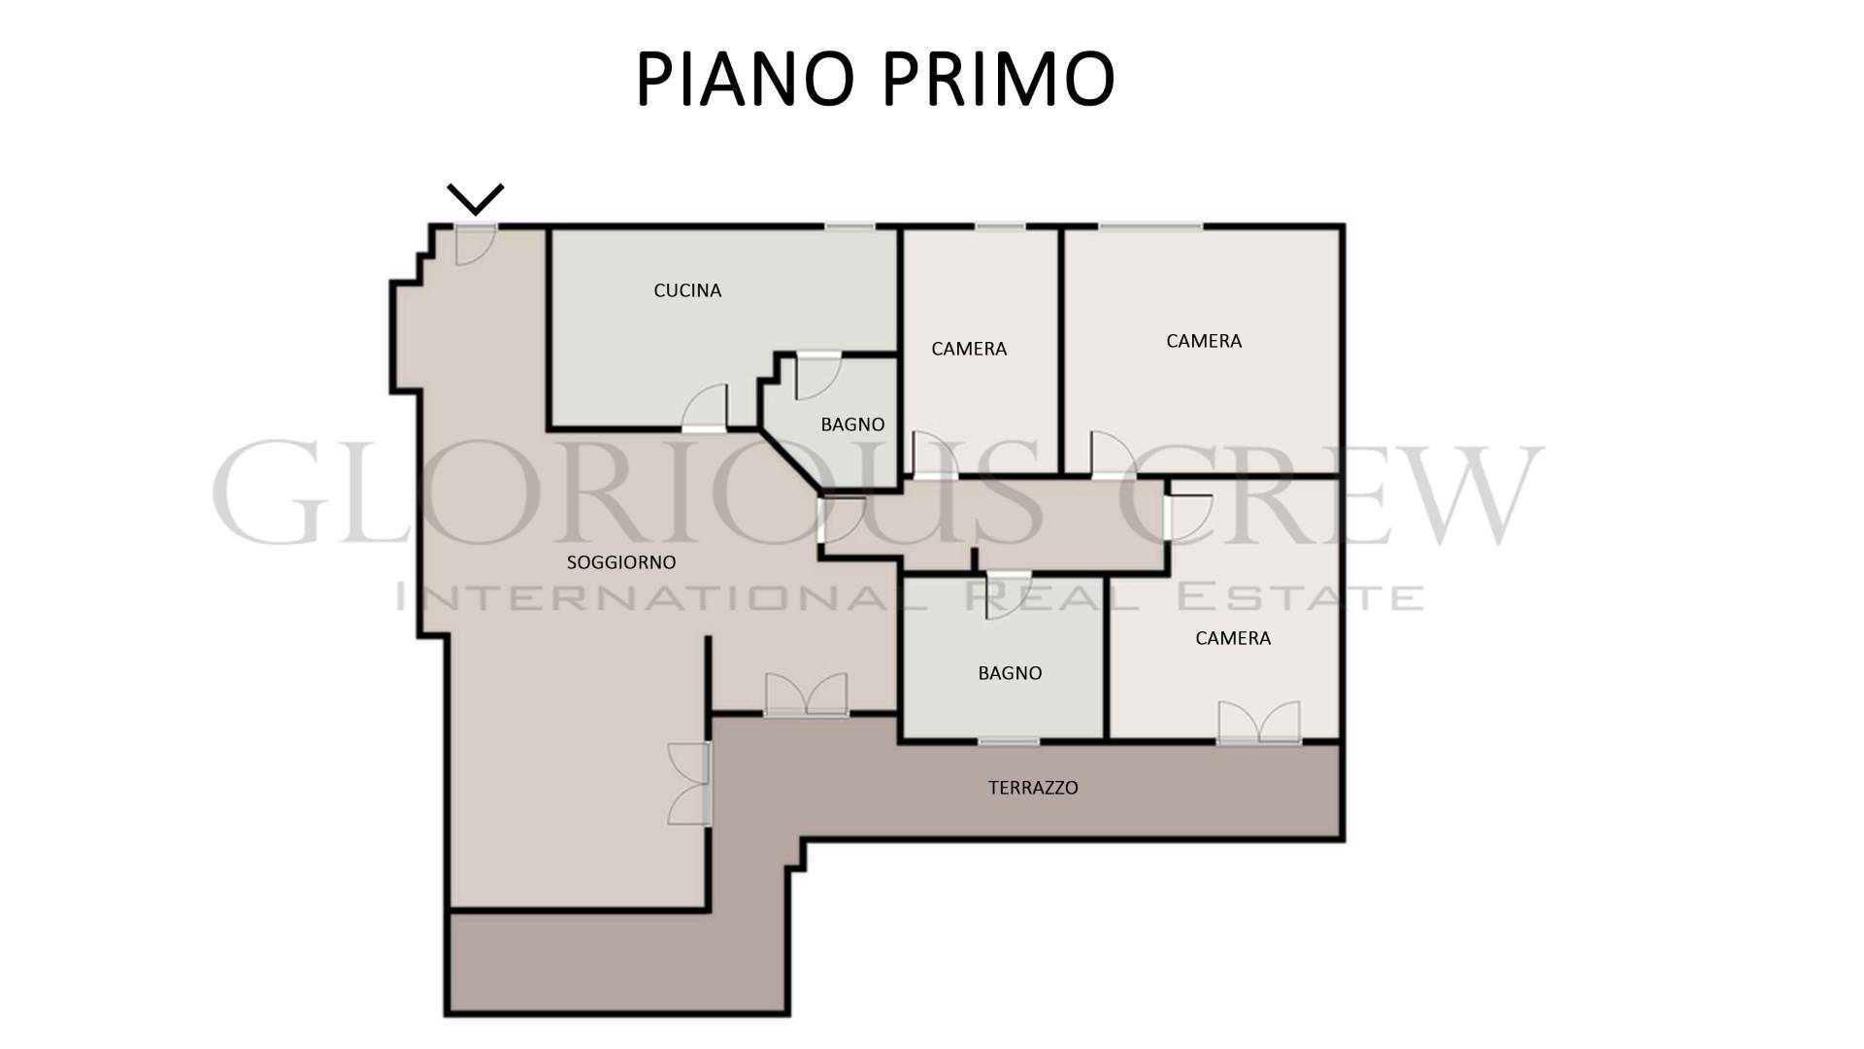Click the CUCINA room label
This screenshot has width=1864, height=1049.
pos(687,290)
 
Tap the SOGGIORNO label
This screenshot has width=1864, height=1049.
pos(621,562)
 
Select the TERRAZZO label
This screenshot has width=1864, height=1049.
pos(1033,788)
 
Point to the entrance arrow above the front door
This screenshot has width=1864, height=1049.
pos(476,199)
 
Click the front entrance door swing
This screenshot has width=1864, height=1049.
pos(476,246)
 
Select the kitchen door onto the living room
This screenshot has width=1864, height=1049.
pos(704,408)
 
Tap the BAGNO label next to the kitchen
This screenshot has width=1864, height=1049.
pos(852,424)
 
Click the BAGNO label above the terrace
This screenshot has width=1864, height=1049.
pos(1010,673)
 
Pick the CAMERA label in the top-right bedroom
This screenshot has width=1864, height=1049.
pos(1204,341)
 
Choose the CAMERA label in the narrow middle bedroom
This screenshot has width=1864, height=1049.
pos(969,349)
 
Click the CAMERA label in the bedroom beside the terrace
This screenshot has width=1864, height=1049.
pos(1233,638)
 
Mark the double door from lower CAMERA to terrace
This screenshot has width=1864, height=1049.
pos(1259,723)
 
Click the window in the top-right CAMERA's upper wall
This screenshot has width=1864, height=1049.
pos(1150,227)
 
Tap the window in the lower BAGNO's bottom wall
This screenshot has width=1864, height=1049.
pos(1009,742)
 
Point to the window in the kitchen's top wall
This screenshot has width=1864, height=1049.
pos(849,227)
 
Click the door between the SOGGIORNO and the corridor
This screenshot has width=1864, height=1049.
pos(842,520)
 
